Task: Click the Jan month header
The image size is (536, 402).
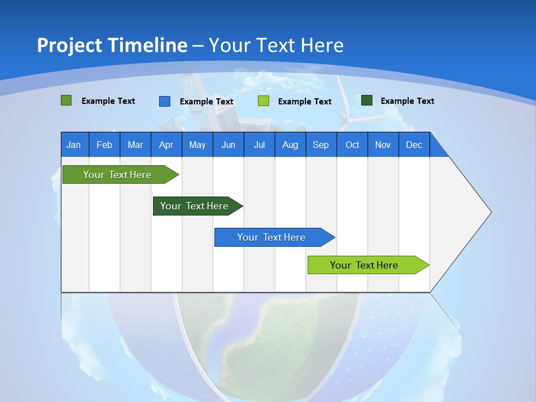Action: [x=74, y=145]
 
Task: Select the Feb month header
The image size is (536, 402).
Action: [x=104, y=145]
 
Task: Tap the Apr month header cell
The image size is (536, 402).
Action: [x=166, y=145]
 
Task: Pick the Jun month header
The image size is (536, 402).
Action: [x=228, y=145]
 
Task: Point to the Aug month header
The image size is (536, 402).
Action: [x=290, y=145]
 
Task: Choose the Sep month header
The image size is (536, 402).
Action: [x=320, y=145]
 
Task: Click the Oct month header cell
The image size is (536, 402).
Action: [x=352, y=145]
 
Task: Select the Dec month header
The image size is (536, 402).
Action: [x=414, y=145]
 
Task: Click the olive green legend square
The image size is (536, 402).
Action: [x=66, y=100]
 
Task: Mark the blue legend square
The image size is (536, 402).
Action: [x=165, y=101]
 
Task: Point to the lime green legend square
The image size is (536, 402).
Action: [x=264, y=101]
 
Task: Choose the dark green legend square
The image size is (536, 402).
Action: [x=367, y=100]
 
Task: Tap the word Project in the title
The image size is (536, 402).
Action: [x=70, y=45]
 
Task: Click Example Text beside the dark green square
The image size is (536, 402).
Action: [x=407, y=101]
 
